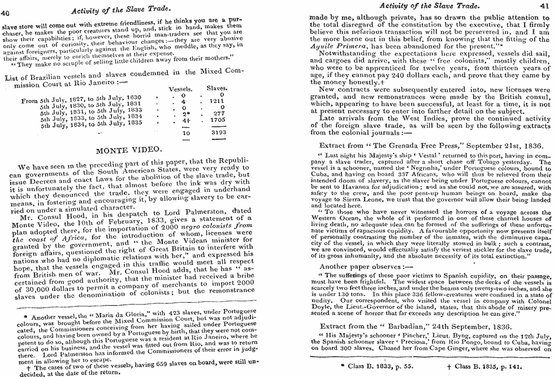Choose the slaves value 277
point(218,114)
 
